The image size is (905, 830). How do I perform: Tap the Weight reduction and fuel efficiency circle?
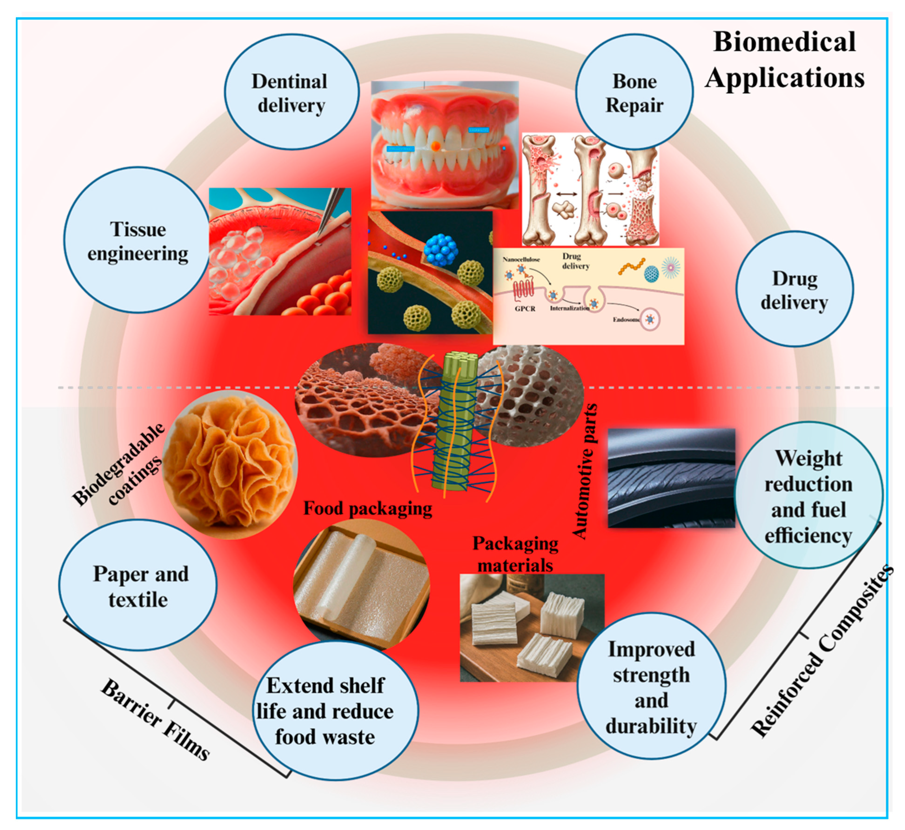click(808, 496)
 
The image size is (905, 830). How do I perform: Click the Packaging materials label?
click(515, 554)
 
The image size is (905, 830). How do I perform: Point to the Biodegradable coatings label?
click(119, 465)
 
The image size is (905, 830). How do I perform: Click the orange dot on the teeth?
click(435, 146)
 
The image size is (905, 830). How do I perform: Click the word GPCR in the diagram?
click(525, 309)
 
